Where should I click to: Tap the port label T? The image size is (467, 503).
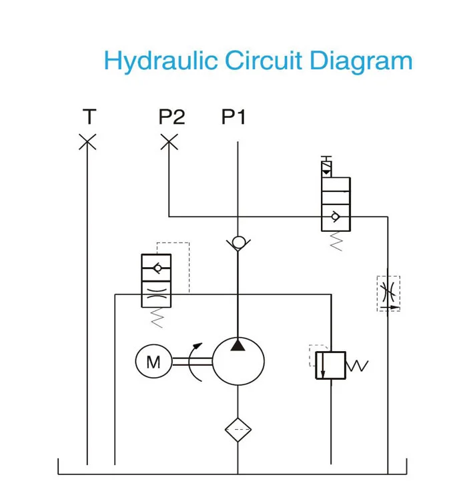(x=88, y=117)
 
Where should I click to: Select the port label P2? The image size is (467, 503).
(x=171, y=117)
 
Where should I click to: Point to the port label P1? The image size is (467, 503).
(x=233, y=117)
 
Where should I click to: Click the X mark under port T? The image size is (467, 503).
(x=87, y=142)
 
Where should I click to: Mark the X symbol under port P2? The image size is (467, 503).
(x=169, y=142)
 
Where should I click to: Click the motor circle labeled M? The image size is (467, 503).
(x=153, y=362)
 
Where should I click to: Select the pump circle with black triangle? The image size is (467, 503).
(x=238, y=362)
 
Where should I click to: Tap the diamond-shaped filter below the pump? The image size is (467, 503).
(x=238, y=430)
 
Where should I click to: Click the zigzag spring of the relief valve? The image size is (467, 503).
(x=358, y=365)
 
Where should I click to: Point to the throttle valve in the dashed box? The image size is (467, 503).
(x=388, y=293)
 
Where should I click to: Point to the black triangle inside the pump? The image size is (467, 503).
(x=238, y=344)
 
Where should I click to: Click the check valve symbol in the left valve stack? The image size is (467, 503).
(x=156, y=268)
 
